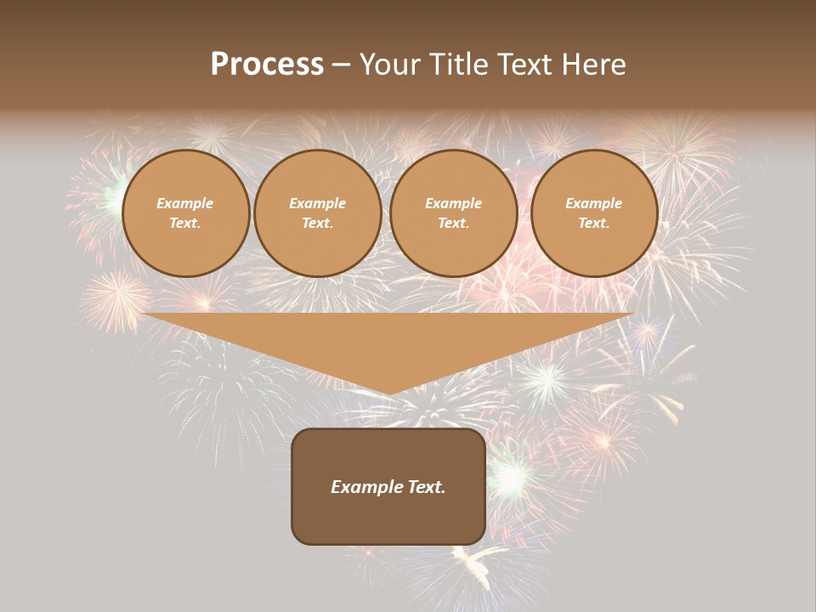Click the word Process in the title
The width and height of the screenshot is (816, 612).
(267, 65)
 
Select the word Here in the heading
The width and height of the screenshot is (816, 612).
(595, 65)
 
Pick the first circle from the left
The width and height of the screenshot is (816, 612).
(185, 213)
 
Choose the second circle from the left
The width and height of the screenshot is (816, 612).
(318, 213)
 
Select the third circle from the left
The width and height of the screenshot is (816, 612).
(454, 213)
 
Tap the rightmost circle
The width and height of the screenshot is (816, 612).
(594, 213)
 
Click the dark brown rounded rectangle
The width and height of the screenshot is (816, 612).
(388, 486)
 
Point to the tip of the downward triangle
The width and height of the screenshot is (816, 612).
(388, 394)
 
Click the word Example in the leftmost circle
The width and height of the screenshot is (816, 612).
(185, 203)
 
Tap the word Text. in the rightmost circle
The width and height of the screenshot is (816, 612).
(594, 224)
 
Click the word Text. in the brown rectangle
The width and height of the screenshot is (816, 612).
(428, 487)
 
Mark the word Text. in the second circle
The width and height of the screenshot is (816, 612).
(318, 224)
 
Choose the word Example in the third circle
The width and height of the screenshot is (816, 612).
(454, 203)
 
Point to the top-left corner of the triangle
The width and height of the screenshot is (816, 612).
(144, 314)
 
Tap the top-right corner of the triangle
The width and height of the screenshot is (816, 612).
(633, 314)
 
